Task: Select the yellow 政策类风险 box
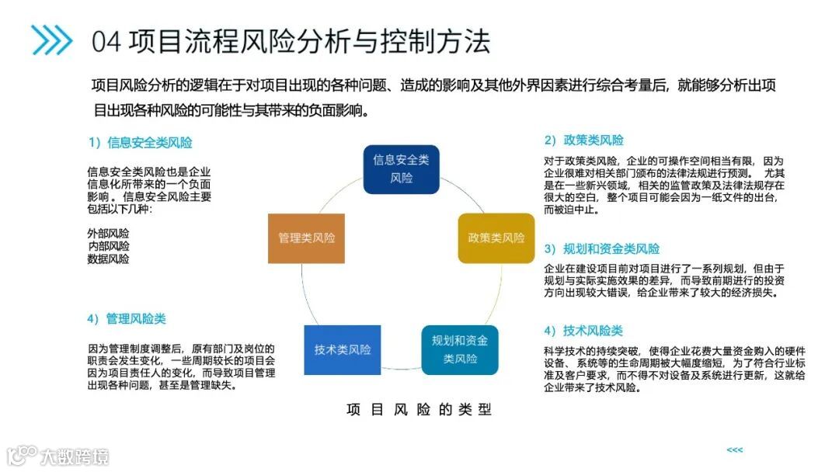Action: coord(496,238)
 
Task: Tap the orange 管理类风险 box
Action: coord(306,238)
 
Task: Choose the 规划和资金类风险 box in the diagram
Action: coord(460,349)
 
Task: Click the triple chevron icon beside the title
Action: coord(52,40)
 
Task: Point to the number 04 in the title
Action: coord(106,41)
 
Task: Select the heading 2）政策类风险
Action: coord(583,141)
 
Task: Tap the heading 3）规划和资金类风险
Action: coord(601,249)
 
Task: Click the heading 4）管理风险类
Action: coord(127,319)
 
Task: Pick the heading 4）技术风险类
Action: coord(583,331)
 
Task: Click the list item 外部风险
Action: coord(109,233)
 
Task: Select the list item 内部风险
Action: coord(109,246)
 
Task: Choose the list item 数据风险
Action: coord(109,259)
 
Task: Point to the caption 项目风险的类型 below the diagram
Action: coord(419,410)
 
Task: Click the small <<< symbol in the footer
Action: coord(734,450)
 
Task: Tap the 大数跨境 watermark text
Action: coord(75,456)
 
